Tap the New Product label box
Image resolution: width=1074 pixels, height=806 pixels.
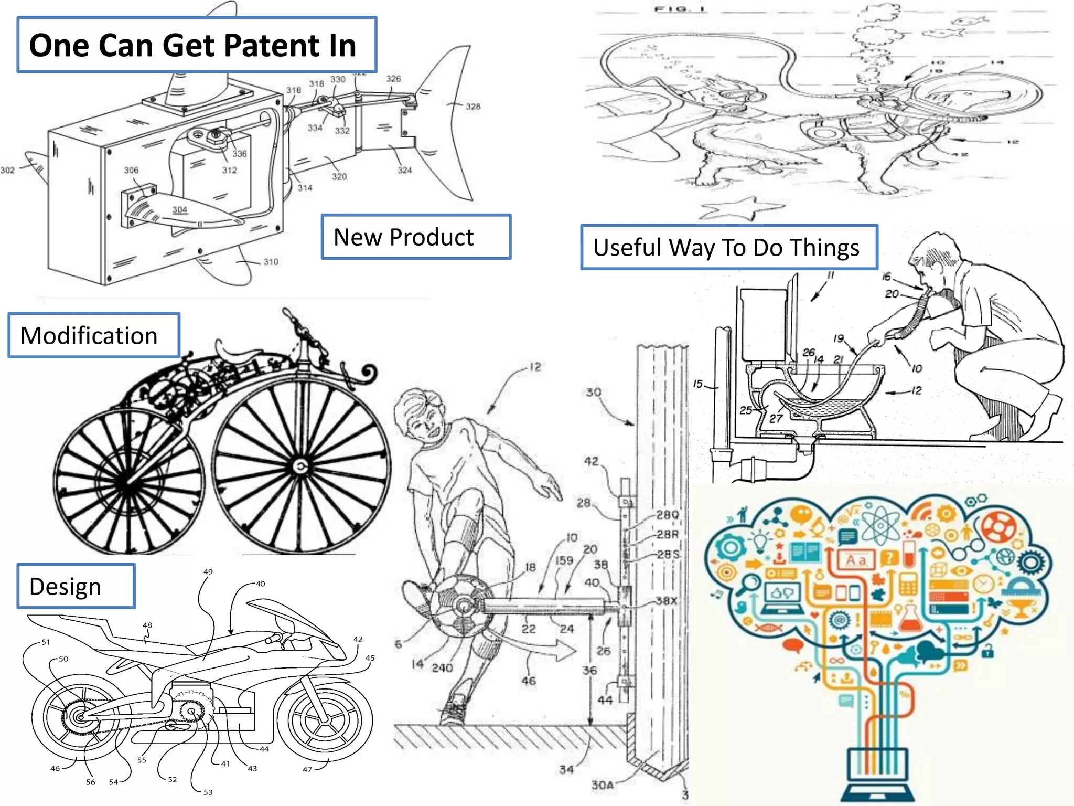pos(415,237)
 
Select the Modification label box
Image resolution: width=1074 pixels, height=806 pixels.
pos(94,336)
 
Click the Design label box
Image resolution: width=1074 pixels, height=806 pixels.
pos(76,586)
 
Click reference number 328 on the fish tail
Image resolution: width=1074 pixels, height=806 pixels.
pos(473,107)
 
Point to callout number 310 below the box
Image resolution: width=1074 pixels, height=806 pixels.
pos(271,261)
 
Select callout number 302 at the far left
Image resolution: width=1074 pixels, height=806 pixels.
pos(8,170)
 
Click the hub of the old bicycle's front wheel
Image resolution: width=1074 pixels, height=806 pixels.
pos(300,466)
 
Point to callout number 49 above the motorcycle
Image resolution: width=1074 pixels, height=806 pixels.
pos(208,571)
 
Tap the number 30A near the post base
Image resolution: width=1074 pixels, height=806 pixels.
pos(602,785)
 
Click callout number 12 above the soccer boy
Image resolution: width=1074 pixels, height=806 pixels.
pos(534,367)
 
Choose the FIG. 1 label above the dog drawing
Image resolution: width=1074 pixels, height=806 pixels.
pos(680,9)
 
